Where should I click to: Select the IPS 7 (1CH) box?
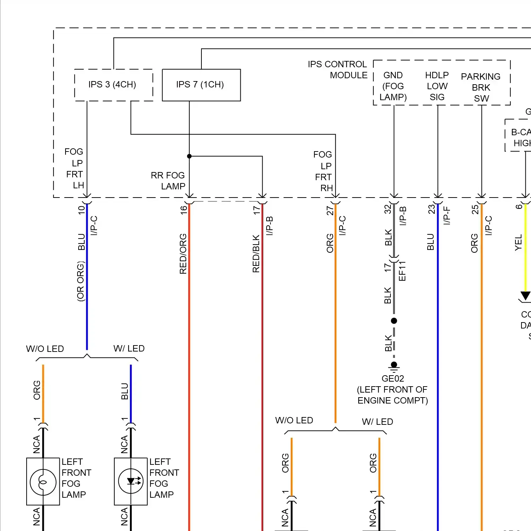pos(201,85)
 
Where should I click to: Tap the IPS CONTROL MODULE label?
pos(337,70)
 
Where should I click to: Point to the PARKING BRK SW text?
pos(481,87)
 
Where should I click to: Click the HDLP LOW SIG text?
pos(437,86)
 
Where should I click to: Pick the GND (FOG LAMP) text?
pos(393,86)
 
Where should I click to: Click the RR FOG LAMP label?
pos(168,181)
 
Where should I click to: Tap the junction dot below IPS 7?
pos(189,156)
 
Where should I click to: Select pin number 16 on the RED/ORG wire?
pos(183,210)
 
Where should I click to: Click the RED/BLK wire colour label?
pos(256,253)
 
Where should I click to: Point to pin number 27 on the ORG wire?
pos(330,211)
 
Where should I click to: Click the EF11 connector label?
pos(402,271)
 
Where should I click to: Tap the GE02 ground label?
pos(393,378)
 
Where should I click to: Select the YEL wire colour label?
pos(518,242)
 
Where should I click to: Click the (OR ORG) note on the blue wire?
pos(81,281)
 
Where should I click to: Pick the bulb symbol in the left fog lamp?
pos(43,481)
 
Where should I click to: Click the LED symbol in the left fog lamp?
pos(131,481)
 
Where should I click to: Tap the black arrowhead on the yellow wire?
pos(525,296)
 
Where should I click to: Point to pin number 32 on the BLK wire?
pos(388,209)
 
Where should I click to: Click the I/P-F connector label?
pos(446,216)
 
